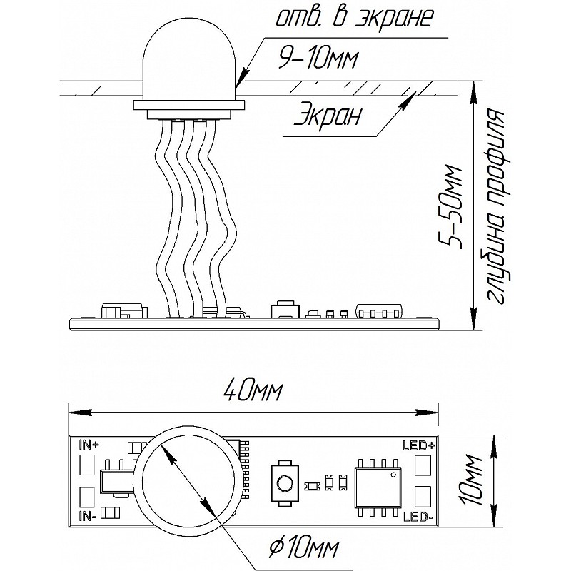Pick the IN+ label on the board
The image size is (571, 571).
[87, 445]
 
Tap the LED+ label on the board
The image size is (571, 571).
[418, 445]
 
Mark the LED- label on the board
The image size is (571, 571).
[418, 516]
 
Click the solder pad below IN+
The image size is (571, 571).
[86, 465]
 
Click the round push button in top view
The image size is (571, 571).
[283, 484]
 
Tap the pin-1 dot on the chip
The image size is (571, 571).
[393, 475]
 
